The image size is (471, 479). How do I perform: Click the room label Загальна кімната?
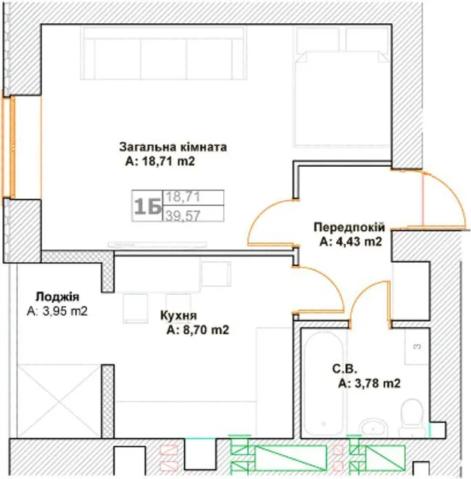click(173, 147)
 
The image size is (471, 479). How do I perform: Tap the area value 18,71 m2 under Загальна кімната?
click(168, 161)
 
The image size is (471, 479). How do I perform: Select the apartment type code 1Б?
click(148, 207)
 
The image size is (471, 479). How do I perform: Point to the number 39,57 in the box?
click(183, 216)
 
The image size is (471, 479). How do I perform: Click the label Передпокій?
click(349, 228)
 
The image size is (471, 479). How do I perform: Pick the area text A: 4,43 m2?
click(351, 242)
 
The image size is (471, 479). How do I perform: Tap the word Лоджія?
click(58, 296)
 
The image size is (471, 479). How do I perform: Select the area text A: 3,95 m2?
click(57, 311)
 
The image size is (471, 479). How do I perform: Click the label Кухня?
click(178, 316)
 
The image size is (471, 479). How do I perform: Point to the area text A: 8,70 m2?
click(198, 330)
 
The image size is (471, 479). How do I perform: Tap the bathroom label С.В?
click(344, 369)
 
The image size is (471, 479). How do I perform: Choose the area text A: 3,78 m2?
click(369, 383)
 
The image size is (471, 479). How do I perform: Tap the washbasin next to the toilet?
click(373, 427)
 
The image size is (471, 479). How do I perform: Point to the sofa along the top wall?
click(163, 53)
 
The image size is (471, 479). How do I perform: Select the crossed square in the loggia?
click(59, 400)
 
